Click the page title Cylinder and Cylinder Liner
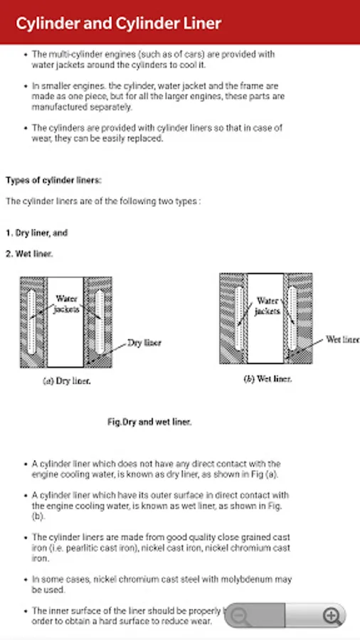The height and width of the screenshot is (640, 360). coord(118,23)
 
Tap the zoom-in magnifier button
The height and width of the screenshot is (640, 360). coord(332,616)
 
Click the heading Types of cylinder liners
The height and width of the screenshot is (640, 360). coord(53,181)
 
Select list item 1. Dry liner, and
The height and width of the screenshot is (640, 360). coord(36,233)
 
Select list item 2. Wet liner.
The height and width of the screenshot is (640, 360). coord(29,254)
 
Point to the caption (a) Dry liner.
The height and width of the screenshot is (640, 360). coord(67,381)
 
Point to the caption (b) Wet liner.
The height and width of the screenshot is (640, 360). coord(268,379)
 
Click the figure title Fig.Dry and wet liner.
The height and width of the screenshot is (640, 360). coord(149,422)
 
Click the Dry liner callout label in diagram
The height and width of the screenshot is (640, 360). coord(144,343)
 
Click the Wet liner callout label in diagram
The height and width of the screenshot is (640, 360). coord(342,340)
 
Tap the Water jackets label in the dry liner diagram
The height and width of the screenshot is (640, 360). coord(67,304)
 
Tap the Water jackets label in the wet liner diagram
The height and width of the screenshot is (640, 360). coord(268,306)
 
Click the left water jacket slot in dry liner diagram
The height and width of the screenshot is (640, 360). coord(31,322)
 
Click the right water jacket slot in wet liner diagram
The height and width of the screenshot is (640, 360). coord(292,319)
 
